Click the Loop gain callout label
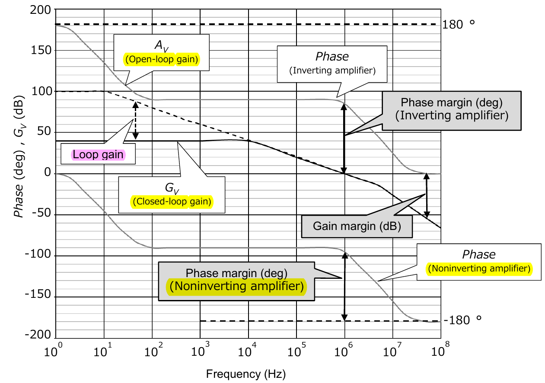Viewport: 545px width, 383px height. [x=98, y=155]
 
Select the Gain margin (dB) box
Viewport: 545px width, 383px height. [x=356, y=226]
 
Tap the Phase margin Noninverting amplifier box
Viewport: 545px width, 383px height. [x=236, y=281]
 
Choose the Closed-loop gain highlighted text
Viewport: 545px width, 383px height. [x=172, y=202]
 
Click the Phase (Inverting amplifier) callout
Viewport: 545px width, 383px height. [x=332, y=63]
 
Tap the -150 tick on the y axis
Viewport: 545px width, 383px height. [x=39, y=297]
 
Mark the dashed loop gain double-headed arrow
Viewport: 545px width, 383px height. [x=135, y=121]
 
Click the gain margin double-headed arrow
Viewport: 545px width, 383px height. [x=427, y=195]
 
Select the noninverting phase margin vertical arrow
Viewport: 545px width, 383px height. [x=344, y=286]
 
